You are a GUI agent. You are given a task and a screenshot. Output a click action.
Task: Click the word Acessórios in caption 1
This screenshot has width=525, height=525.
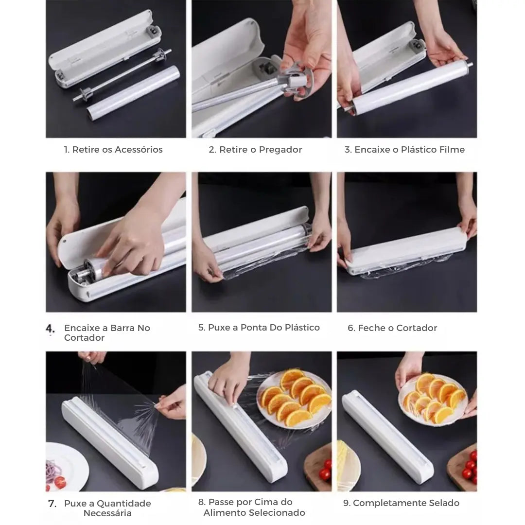(x=139, y=149)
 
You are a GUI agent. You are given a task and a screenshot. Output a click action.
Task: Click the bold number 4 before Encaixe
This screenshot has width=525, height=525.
(x=50, y=328)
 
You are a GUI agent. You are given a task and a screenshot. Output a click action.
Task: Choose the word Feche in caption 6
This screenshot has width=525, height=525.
(x=370, y=328)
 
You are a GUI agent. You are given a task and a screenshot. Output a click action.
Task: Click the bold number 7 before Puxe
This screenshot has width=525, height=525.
(x=52, y=503)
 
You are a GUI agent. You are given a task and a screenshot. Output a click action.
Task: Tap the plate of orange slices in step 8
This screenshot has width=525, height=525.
(x=294, y=399)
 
